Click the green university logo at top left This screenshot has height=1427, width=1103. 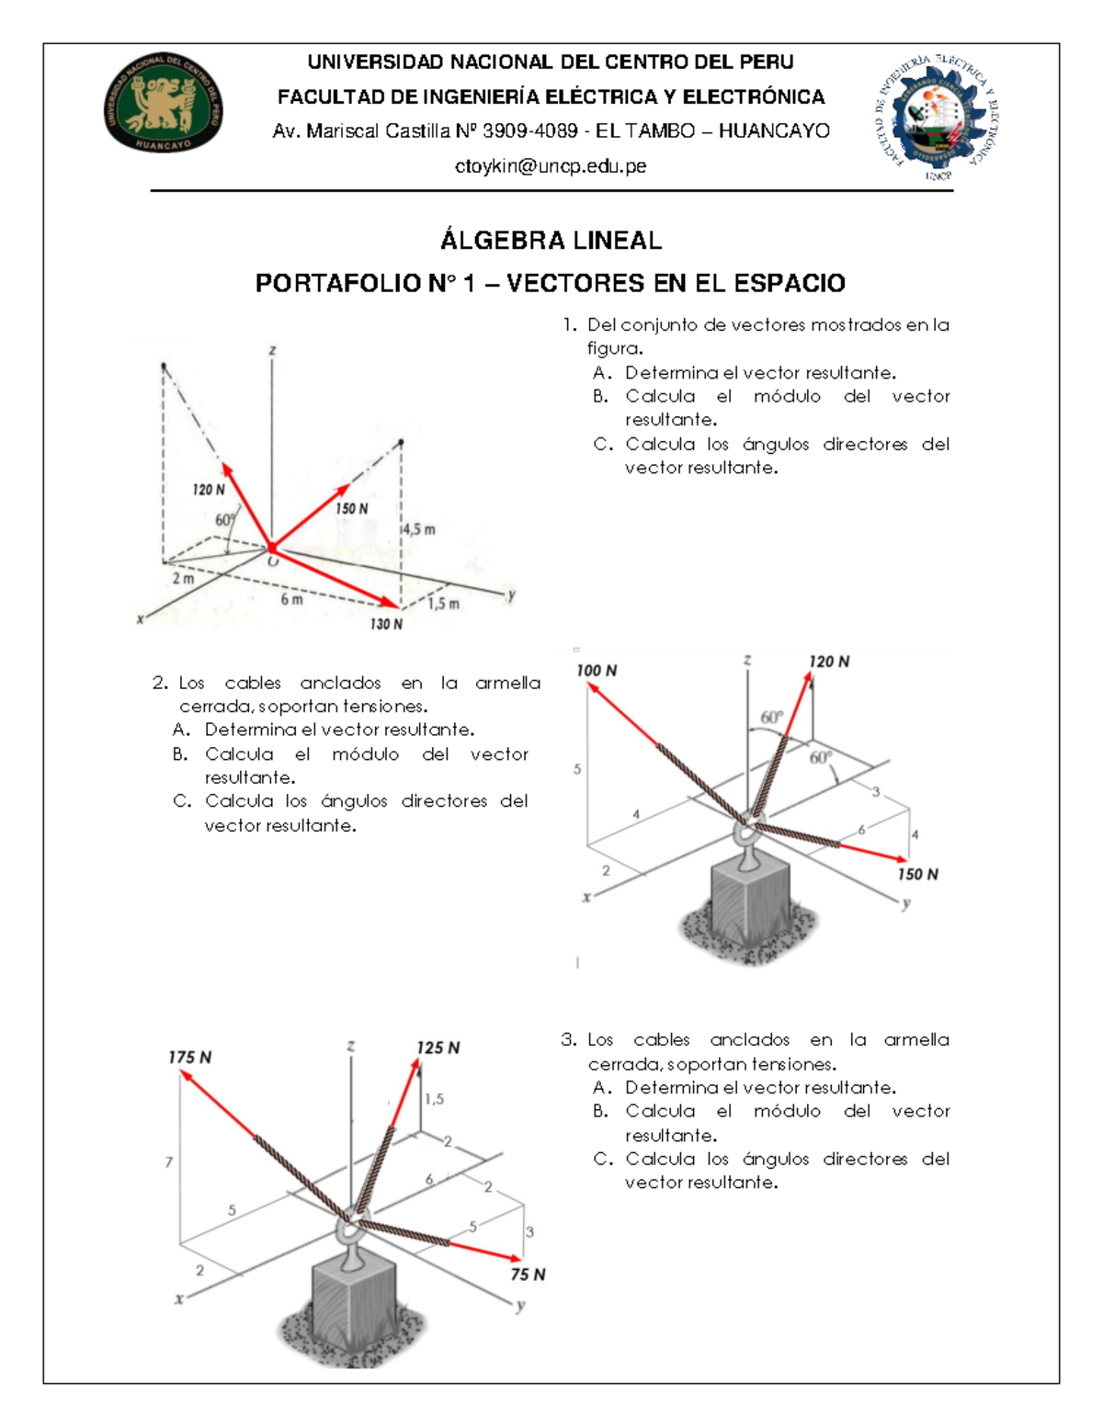[163, 102]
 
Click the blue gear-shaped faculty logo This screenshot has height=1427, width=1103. [936, 117]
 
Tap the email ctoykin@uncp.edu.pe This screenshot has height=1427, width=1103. [551, 166]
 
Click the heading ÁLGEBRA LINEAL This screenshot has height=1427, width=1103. [551, 241]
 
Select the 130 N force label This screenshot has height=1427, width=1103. [386, 624]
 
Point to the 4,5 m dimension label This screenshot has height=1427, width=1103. [418, 529]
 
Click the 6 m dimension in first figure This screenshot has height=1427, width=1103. [291, 599]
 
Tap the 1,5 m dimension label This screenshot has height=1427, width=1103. [443, 604]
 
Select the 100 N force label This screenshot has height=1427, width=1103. [597, 671]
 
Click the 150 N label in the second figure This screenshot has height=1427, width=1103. [917, 874]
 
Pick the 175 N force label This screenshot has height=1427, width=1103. [189, 1058]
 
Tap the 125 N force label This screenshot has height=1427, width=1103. [438, 1048]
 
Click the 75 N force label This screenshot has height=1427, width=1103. [528, 1274]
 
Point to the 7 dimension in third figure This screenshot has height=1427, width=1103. [168, 1162]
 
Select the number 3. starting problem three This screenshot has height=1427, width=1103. [569, 1040]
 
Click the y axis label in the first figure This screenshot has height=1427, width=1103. [511, 595]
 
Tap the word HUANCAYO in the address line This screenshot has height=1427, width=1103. [774, 131]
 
